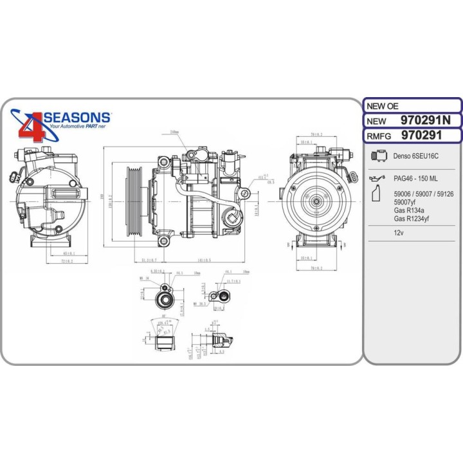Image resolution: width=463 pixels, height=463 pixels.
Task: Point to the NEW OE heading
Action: (381, 105)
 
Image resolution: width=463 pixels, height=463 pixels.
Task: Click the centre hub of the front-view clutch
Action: (316, 201)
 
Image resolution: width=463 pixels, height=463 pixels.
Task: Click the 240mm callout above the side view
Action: (174, 132)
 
